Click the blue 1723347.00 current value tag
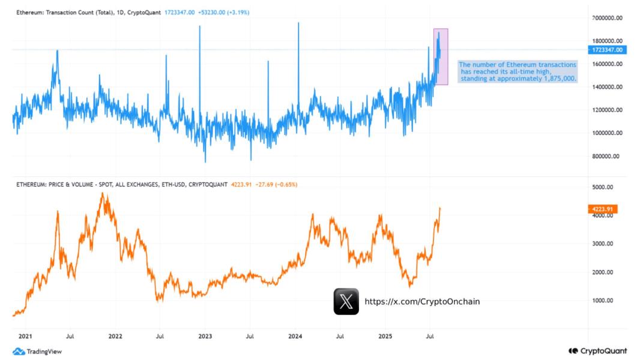607,50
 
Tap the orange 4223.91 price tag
603,209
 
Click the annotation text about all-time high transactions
517,71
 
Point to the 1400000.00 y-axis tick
605,87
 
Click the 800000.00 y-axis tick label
605,156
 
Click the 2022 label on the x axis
115,337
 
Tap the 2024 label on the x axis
295,337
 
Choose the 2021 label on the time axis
25,337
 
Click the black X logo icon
346,301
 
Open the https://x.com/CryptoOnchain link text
422,302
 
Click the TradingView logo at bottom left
37,352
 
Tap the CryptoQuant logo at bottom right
597,351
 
